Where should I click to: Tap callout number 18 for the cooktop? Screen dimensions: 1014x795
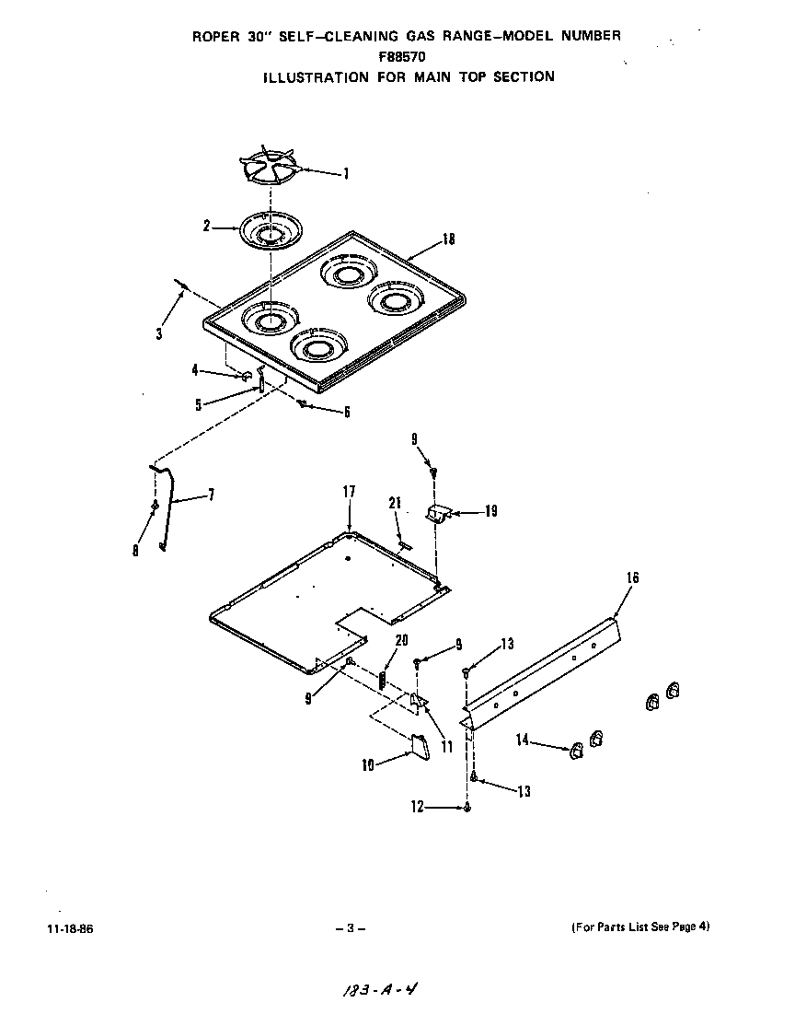click(x=448, y=239)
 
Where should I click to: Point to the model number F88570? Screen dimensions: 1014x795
click(x=404, y=56)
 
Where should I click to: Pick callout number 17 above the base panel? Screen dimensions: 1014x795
click(x=349, y=492)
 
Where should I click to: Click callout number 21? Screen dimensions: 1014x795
click(x=395, y=503)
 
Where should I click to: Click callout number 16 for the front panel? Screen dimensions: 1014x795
click(x=632, y=578)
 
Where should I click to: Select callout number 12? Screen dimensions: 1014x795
click(x=417, y=808)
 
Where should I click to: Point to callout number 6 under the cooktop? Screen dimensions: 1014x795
click(x=347, y=413)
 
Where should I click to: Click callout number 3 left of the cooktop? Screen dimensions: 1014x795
click(x=158, y=333)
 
